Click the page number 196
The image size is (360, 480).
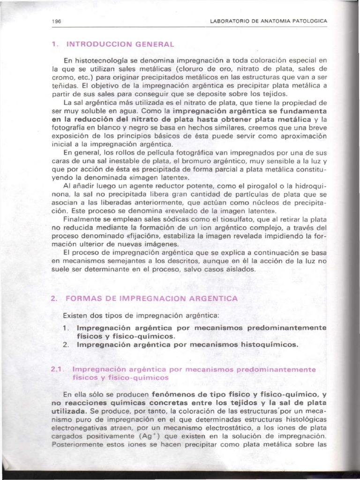58,22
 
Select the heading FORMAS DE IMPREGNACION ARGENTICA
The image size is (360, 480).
152,298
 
